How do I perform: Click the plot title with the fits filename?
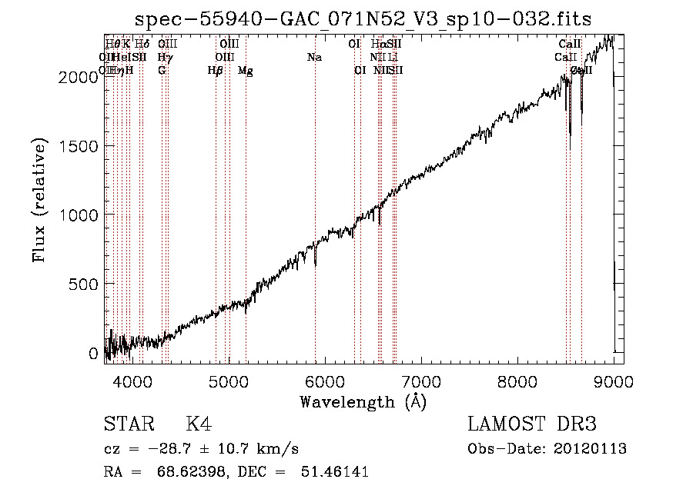tap(363, 19)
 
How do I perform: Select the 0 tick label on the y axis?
tap(93, 353)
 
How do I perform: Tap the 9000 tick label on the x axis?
tap(614, 381)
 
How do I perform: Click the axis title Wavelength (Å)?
tap(363, 401)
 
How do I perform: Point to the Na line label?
tap(314, 57)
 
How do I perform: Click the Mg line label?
tap(246, 71)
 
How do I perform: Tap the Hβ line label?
tap(215, 71)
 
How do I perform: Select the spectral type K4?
tap(198, 424)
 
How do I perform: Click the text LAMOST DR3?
tap(532, 424)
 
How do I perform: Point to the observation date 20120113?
tap(589, 449)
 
